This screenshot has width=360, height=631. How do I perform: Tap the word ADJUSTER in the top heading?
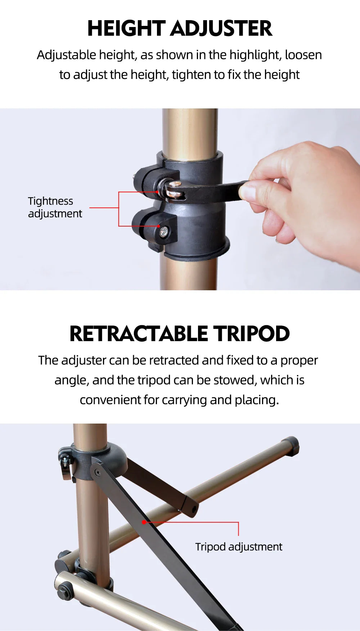click(x=221, y=28)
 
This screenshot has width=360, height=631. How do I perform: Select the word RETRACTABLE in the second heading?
click(x=139, y=334)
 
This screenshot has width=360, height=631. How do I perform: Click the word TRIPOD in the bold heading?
click(x=251, y=334)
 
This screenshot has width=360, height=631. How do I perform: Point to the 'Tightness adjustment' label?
click(x=55, y=207)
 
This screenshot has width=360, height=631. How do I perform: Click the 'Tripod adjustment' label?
click(x=239, y=547)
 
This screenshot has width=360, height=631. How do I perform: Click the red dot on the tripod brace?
click(x=144, y=522)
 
